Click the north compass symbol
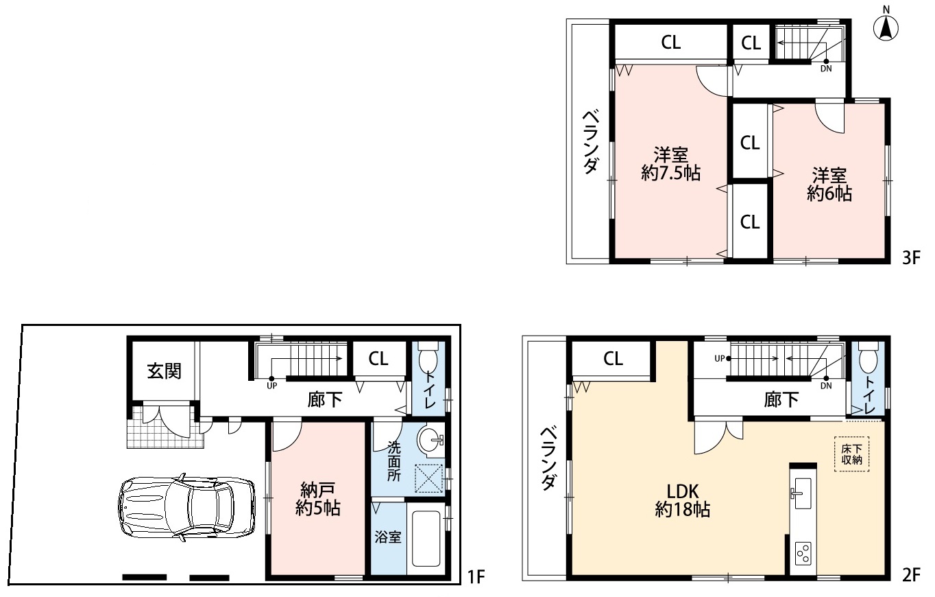(x=886, y=26)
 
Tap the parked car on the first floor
(x=186, y=508)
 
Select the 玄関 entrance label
(x=164, y=371)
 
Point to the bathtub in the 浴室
(x=426, y=538)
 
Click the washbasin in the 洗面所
(x=430, y=440)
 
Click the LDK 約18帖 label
(x=683, y=500)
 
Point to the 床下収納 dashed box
(x=851, y=454)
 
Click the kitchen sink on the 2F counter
(x=803, y=493)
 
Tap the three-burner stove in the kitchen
(x=803, y=553)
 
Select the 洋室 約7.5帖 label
(x=671, y=164)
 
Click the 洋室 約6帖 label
(x=829, y=184)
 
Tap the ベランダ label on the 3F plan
(x=591, y=141)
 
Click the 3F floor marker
(x=911, y=258)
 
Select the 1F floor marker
(x=476, y=577)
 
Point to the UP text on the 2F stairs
(x=720, y=358)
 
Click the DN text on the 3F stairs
(x=826, y=69)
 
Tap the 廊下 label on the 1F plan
(x=325, y=400)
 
